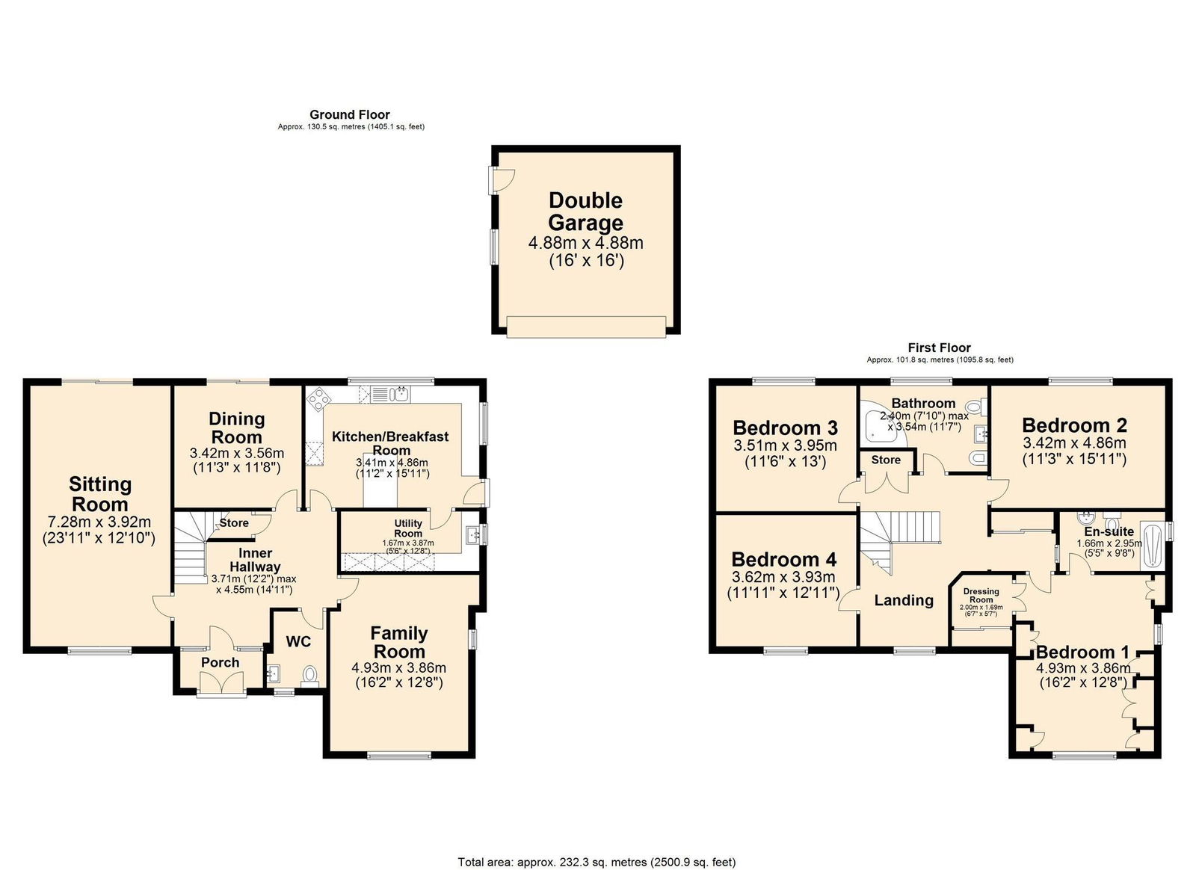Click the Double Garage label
pos(585,212)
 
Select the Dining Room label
pos(236,428)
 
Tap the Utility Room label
pos(408,528)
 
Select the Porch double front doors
pos(223,683)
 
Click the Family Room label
pos(399,642)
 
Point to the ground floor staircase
pos(191,549)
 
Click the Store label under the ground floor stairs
pos(234,523)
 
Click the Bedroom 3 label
pos(785,428)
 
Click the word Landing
pos(904,600)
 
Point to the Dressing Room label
pos(981,595)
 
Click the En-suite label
pos(1109,531)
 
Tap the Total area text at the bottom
pos(597,862)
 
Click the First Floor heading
pos(939,348)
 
